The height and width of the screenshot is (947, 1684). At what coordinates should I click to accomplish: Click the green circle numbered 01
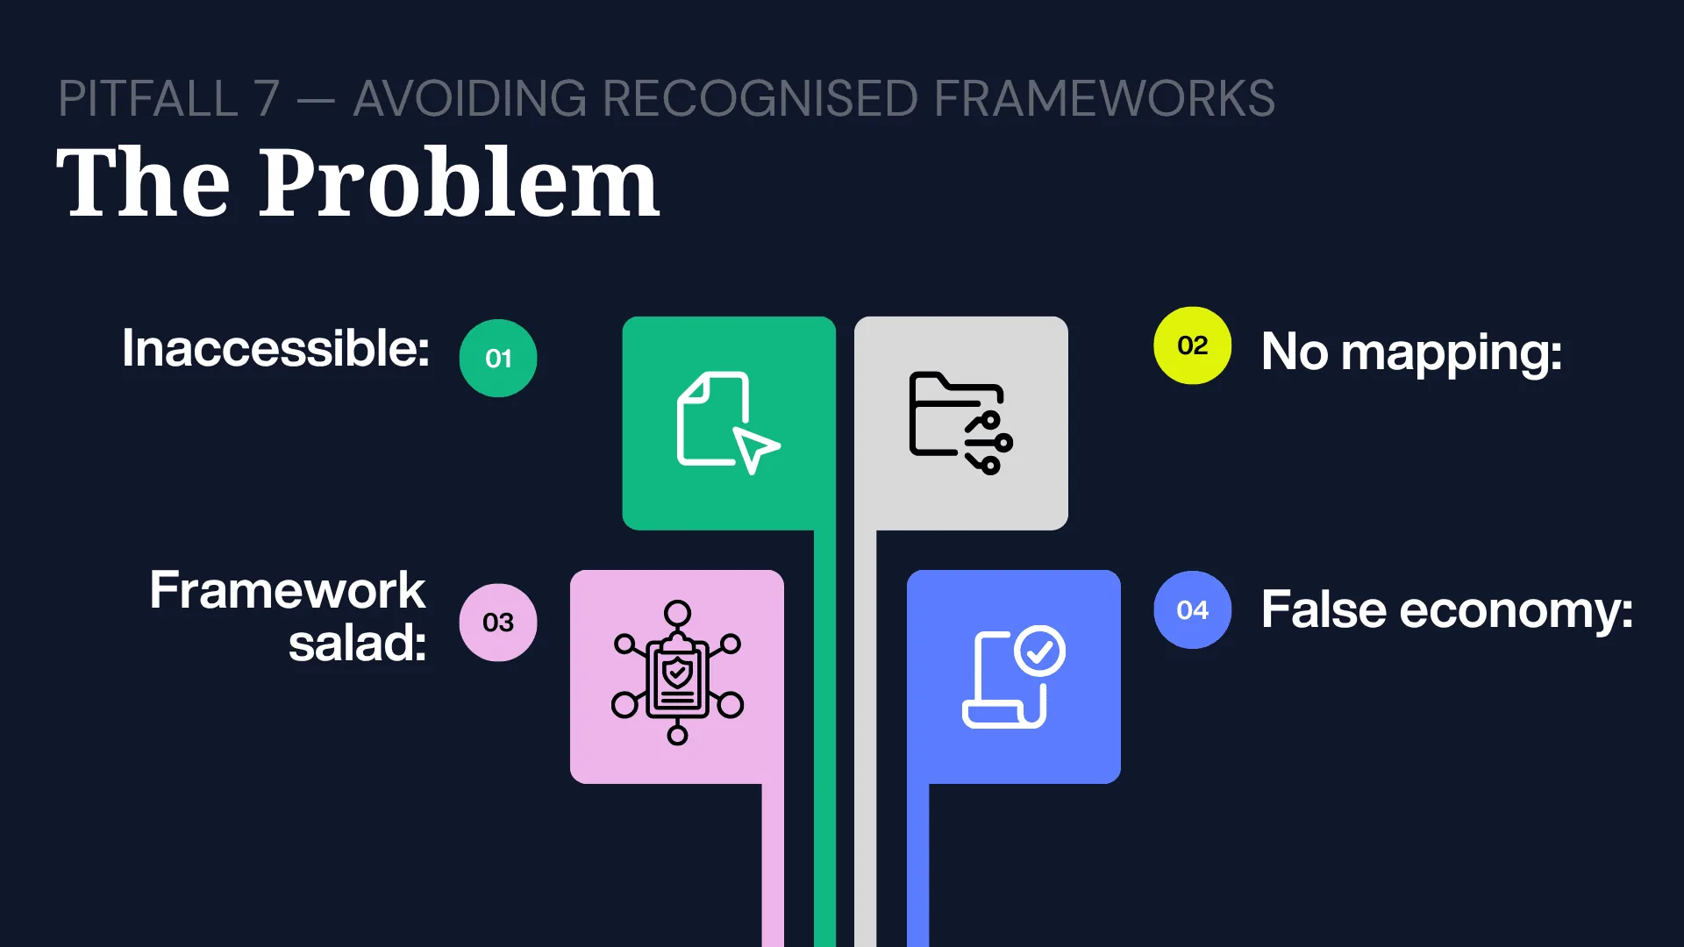[498, 358]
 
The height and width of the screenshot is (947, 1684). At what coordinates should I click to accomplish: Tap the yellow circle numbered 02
[1193, 345]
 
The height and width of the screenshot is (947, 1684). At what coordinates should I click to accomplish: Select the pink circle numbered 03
[498, 623]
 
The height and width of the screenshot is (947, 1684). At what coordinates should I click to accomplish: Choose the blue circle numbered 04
[1193, 609]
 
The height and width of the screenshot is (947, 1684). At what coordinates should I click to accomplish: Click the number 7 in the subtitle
[268, 98]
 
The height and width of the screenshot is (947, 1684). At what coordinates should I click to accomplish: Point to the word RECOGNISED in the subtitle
[760, 98]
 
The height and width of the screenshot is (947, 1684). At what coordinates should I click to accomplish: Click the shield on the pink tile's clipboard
[677, 673]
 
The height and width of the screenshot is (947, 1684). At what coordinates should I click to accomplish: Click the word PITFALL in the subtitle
[149, 98]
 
